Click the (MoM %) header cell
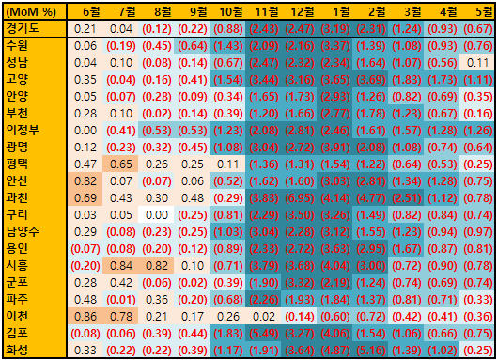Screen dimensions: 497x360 (31, 12)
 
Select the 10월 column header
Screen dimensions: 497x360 (231, 12)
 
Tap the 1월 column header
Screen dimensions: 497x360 (341, 12)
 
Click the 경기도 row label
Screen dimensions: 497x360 (23, 28)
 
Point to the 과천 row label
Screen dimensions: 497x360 (17, 197)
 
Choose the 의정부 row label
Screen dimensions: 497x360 (23, 130)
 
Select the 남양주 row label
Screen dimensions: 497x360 (23, 231)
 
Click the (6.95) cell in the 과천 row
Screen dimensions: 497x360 (299, 198)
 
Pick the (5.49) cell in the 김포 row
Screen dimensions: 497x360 (263, 333)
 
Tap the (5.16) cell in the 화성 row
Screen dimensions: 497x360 (370, 351)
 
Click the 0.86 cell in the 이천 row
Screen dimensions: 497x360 (85, 316)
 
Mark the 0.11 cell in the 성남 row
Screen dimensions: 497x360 (477, 62)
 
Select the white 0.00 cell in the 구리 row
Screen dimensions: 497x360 (156, 214)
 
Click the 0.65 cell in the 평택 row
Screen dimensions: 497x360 (120, 164)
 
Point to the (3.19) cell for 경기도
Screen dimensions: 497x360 (334, 29)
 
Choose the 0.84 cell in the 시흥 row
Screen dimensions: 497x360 (120, 265)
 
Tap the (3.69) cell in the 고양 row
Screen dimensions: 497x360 (370, 79)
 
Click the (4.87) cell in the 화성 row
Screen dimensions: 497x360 (334, 351)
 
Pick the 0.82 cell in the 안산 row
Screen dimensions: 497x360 (85, 180)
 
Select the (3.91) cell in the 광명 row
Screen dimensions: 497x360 (334, 148)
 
